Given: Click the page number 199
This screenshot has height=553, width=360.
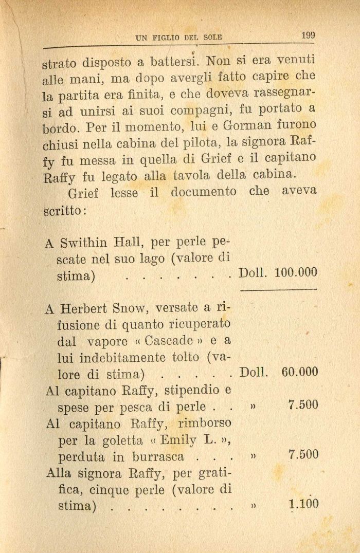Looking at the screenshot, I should (x=309, y=35).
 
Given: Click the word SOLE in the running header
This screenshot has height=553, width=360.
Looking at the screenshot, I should (x=209, y=38).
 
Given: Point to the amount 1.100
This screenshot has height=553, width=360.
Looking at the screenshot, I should (x=304, y=504).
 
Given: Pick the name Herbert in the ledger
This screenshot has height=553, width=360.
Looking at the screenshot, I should (x=82, y=309).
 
